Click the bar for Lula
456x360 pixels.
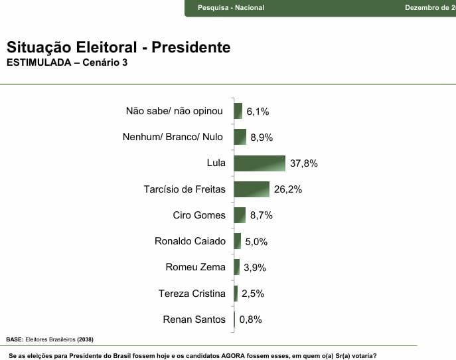[260, 163]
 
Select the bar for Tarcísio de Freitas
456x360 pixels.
[252, 189]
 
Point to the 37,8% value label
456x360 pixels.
[304, 163]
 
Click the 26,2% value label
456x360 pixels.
[288, 189]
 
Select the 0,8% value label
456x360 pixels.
[251, 319]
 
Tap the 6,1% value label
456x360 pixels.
[258, 112]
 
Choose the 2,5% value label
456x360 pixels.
[253, 294]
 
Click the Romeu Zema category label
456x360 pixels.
[195, 267]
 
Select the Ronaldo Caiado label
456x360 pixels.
[190, 241]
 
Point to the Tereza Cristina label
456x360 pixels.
[192, 294]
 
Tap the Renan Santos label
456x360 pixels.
[194, 319]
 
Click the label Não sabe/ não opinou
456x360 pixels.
[174, 111]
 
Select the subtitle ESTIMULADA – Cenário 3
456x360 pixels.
[66, 63]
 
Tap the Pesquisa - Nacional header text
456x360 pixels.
[231, 8]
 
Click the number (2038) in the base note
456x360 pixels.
[85, 339]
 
